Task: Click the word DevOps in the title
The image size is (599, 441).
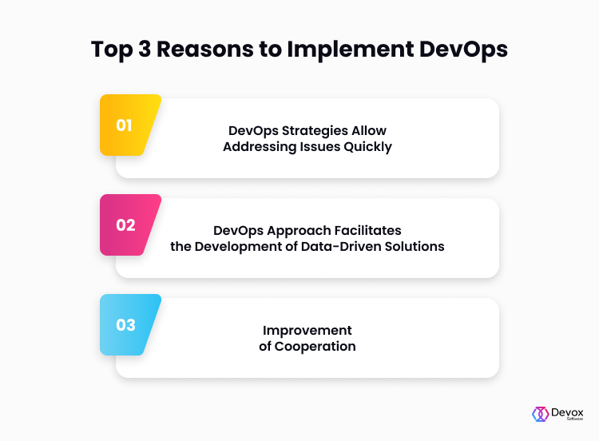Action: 463,50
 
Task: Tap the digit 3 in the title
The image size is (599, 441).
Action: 145,49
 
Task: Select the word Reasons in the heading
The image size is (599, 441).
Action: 205,49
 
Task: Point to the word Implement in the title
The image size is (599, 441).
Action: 351,50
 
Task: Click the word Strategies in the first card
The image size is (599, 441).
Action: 315,131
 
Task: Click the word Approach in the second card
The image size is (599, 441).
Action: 299,231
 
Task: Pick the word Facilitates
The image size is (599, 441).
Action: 367,230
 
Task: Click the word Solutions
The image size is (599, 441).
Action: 415,247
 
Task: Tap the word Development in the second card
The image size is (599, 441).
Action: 244,247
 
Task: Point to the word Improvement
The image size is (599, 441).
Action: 307,331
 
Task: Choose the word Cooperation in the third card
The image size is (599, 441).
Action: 315,347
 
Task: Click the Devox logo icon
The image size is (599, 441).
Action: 541,414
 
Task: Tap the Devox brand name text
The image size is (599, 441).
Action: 567,413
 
